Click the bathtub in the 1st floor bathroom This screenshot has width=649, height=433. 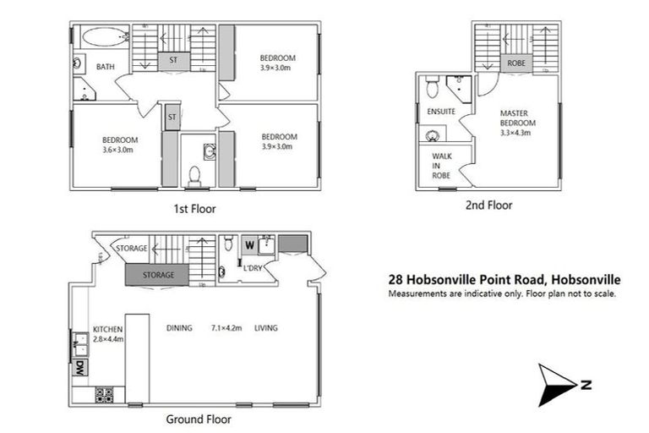(x=101, y=38)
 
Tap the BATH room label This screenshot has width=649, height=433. (x=106, y=67)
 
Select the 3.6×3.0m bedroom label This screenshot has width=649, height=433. (x=119, y=145)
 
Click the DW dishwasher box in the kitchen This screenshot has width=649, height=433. (x=79, y=369)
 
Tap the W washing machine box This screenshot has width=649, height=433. (x=250, y=246)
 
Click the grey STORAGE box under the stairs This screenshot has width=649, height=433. (x=158, y=275)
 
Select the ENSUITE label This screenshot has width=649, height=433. (x=441, y=112)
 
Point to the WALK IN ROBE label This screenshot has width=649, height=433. (x=441, y=166)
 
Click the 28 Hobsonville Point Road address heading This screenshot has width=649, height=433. (x=504, y=278)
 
